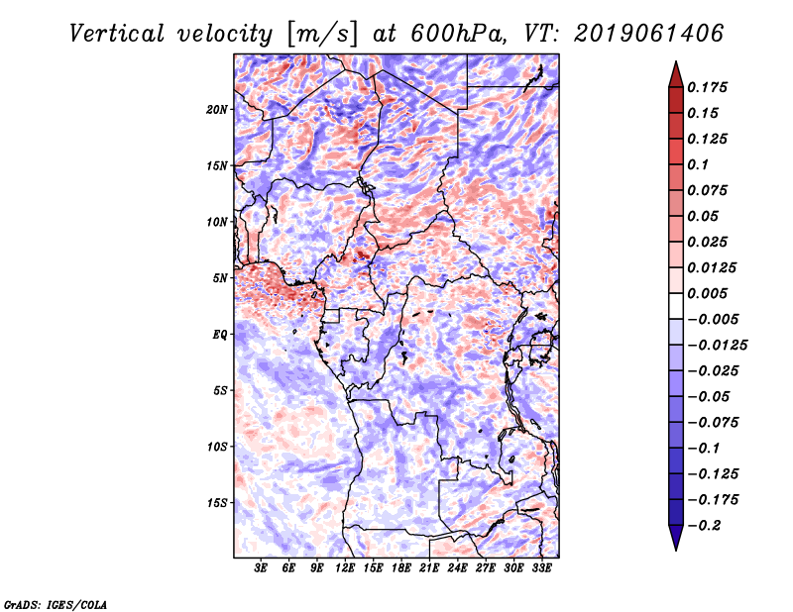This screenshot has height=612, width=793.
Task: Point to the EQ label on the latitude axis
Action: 221,335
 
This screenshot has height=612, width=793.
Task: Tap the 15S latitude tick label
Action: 218,503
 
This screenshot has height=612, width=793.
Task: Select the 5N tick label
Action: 221,278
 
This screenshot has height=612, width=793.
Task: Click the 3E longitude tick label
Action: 262,569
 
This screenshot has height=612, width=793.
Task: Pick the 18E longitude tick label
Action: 401,569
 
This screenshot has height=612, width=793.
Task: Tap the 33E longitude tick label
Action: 541,569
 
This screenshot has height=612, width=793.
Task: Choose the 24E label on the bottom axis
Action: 457,569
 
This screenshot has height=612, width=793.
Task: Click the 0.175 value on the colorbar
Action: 711,87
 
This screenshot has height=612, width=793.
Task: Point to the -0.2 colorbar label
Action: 706,525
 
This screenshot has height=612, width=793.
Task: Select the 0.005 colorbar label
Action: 711,293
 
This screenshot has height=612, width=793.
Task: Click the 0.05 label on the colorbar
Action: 705,216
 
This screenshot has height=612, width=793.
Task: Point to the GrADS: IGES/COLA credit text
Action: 56,603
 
